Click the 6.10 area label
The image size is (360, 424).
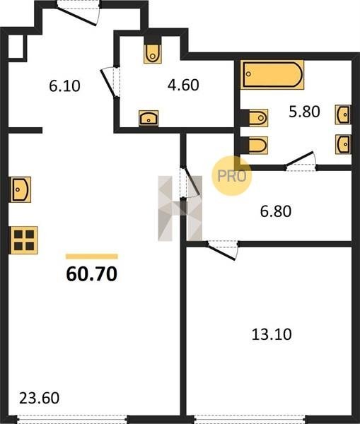point(64,86)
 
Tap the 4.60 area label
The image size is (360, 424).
point(183,85)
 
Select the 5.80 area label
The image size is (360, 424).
point(304,111)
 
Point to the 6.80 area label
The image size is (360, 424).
point(276,211)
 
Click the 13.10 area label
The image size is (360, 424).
point(272,334)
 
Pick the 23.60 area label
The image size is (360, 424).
point(39,398)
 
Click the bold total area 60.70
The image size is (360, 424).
point(92,274)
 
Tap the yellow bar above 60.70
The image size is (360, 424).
point(92,257)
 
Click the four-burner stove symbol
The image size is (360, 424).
point(24,240)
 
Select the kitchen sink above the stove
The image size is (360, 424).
point(21,189)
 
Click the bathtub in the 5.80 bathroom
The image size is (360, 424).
point(272,75)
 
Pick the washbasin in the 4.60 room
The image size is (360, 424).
point(149,118)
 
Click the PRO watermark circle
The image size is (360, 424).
point(232,176)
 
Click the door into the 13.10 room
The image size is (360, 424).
point(222,250)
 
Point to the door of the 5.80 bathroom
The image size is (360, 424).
point(301,161)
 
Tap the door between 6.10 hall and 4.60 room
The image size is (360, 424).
point(110,82)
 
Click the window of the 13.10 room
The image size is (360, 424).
point(250,420)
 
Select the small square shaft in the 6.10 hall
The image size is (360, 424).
point(17,47)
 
